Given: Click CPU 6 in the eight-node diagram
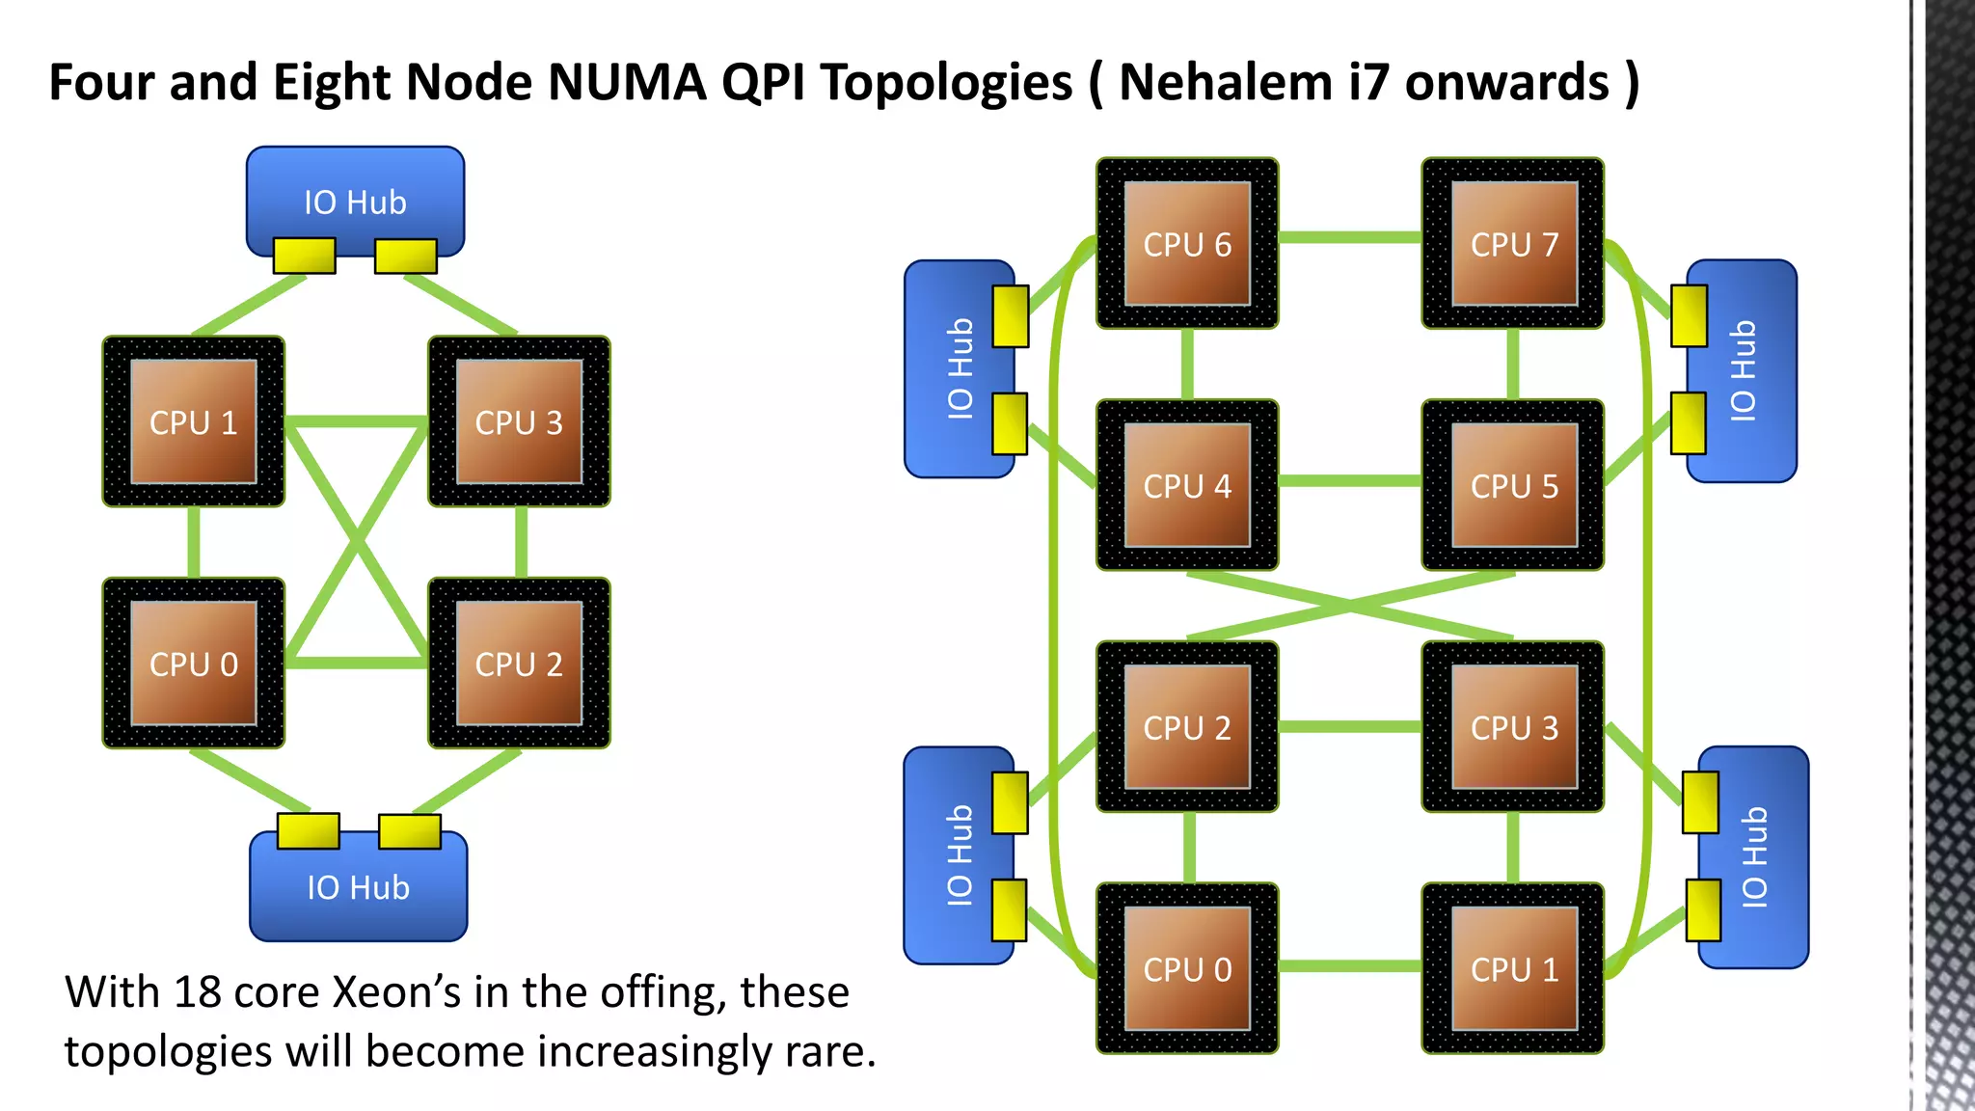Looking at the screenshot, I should coord(1187,244).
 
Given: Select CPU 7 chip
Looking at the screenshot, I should coord(1513,244).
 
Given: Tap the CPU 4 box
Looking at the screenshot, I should coord(1187,485).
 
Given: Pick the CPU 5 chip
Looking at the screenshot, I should coord(1513,485).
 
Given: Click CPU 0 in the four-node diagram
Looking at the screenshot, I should coord(193,664).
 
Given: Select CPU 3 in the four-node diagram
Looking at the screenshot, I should coord(519,421).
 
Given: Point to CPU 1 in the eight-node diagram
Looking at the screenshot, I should coord(1513,968).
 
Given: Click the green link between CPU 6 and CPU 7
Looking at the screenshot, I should coord(1350,237).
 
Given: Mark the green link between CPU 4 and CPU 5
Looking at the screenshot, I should coord(1350,479).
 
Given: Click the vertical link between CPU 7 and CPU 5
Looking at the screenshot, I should coord(1513,365).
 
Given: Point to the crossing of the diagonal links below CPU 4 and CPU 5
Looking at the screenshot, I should coord(1350,606).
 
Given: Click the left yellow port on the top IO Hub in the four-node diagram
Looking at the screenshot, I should coord(304,256).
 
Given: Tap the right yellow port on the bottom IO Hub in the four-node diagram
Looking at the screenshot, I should coord(410,831).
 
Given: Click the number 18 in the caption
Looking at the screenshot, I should coord(198,992).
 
